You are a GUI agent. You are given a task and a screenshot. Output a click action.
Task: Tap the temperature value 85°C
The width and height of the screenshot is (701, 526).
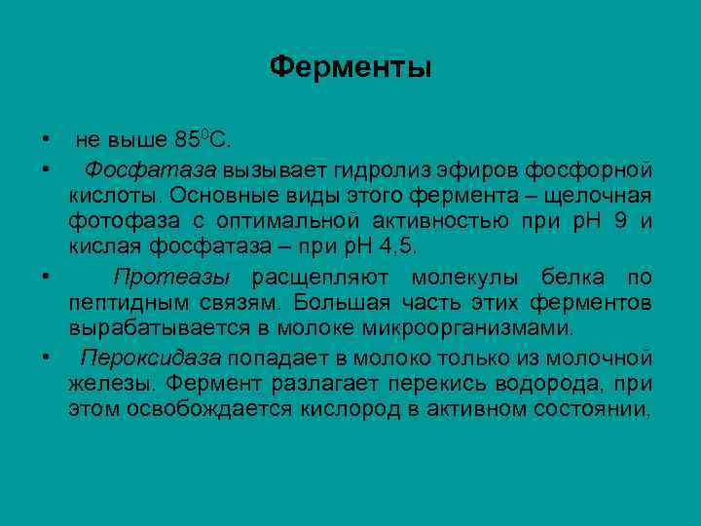point(203,135)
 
